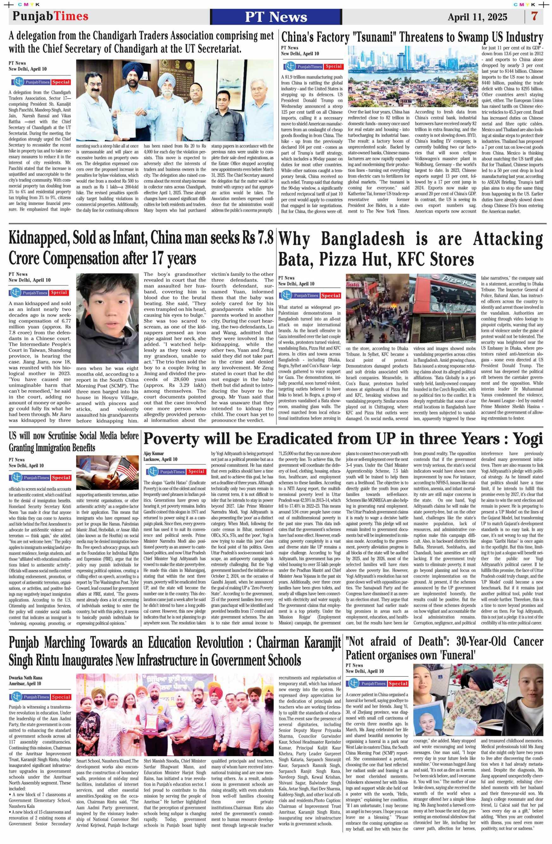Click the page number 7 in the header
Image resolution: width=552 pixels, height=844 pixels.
point(534,17)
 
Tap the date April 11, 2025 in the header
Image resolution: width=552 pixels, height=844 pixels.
point(477,17)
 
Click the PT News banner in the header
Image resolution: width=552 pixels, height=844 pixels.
point(276,17)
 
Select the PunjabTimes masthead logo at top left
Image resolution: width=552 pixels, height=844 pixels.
point(50,16)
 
